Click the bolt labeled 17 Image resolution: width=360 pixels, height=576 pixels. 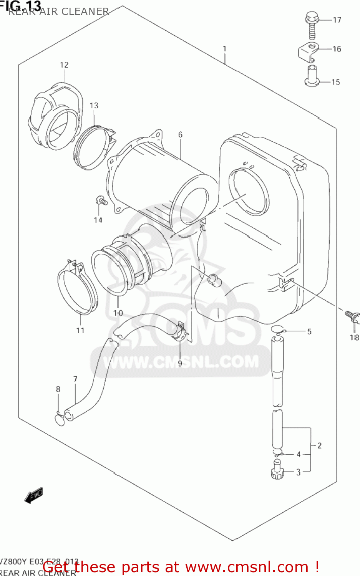pyautogui.click(x=312, y=25)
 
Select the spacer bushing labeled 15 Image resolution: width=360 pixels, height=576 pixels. pyautogui.click(x=312, y=76)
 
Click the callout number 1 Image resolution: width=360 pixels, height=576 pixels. pyautogui.click(x=224, y=49)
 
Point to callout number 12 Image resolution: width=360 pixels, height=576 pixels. pyautogui.click(x=64, y=65)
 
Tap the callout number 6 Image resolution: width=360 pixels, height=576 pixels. pyautogui.click(x=180, y=134)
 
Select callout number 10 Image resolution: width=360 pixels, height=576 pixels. pyautogui.click(x=118, y=313)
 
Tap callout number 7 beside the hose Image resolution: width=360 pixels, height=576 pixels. pyautogui.click(x=75, y=379)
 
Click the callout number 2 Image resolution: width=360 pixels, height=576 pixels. pyautogui.click(x=319, y=445)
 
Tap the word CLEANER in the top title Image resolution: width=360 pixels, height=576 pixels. pyautogui.click(x=85, y=12)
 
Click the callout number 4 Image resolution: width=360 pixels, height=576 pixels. pyautogui.click(x=299, y=454)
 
